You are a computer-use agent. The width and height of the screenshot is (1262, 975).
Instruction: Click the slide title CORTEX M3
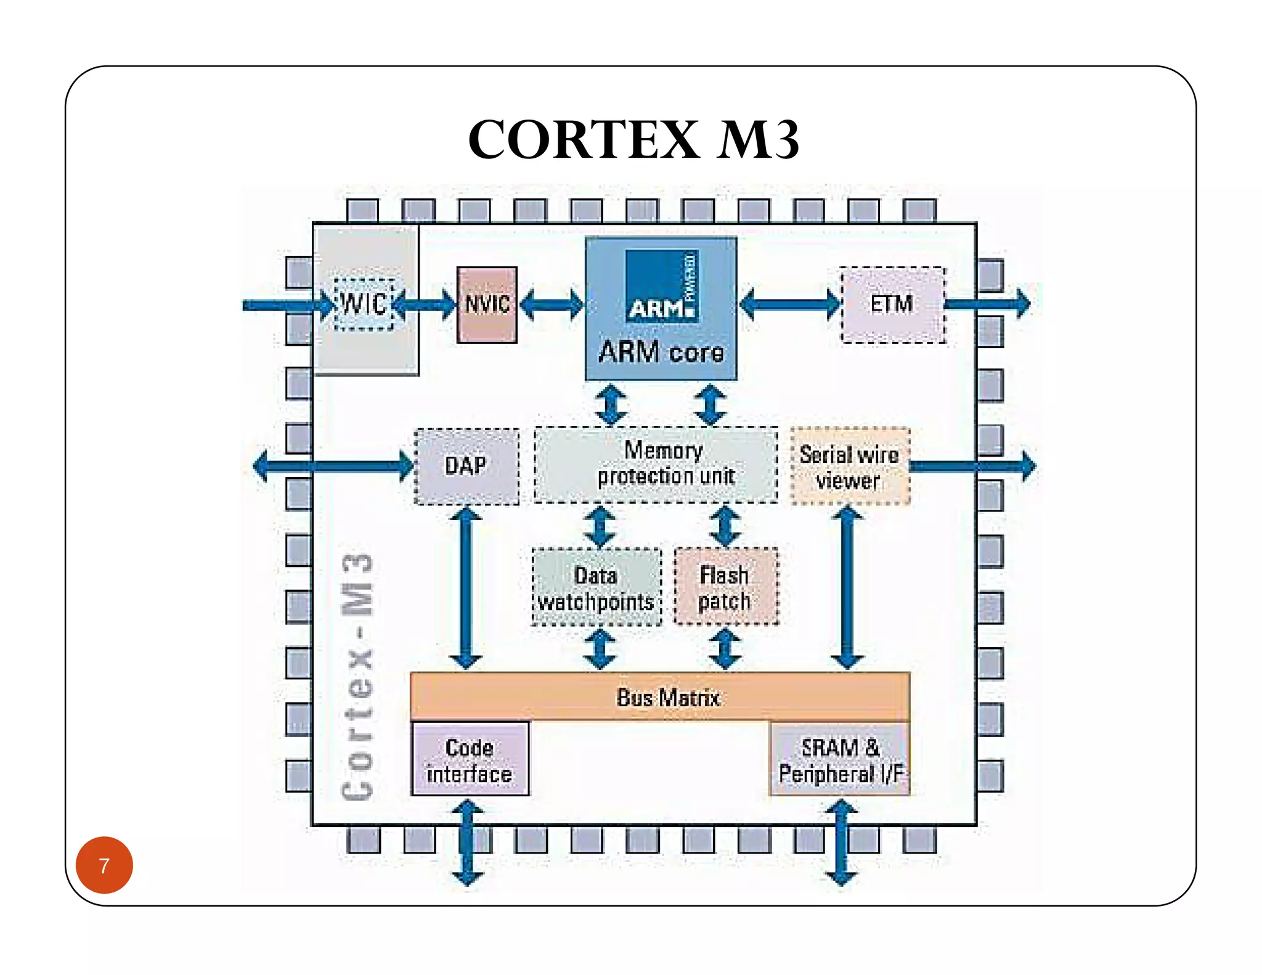pos(633,139)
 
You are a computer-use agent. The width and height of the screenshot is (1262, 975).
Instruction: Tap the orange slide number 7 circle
pos(104,865)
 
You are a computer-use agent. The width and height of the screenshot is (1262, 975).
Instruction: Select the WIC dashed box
pos(364,304)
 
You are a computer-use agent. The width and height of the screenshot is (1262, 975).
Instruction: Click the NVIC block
pos(487,304)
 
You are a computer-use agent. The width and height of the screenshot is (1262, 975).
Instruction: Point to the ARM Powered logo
pos(662,286)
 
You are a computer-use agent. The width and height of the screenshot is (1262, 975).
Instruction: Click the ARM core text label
pos(661,353)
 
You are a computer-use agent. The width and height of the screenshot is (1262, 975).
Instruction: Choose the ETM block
pos(893,304)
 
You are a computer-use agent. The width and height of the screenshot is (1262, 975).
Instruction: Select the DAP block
pos(466,466)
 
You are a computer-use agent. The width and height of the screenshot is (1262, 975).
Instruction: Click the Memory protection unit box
pos(656,465)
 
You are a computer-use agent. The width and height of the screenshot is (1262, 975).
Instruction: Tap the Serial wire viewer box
pos(850,467)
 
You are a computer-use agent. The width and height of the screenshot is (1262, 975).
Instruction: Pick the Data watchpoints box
pos(596,587)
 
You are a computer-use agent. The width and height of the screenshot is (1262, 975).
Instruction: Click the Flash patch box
pos(726,587)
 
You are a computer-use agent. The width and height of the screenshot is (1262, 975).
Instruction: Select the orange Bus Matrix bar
pos(660,696)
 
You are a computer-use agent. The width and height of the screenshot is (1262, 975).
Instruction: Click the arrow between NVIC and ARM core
pos(552,304)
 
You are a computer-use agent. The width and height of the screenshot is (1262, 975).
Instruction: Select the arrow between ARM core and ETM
pos(790,304)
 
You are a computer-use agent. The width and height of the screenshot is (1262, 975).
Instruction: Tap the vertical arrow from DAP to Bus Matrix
pos(466,589)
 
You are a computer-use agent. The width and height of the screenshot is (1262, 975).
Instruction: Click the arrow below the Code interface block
pos(468,842)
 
